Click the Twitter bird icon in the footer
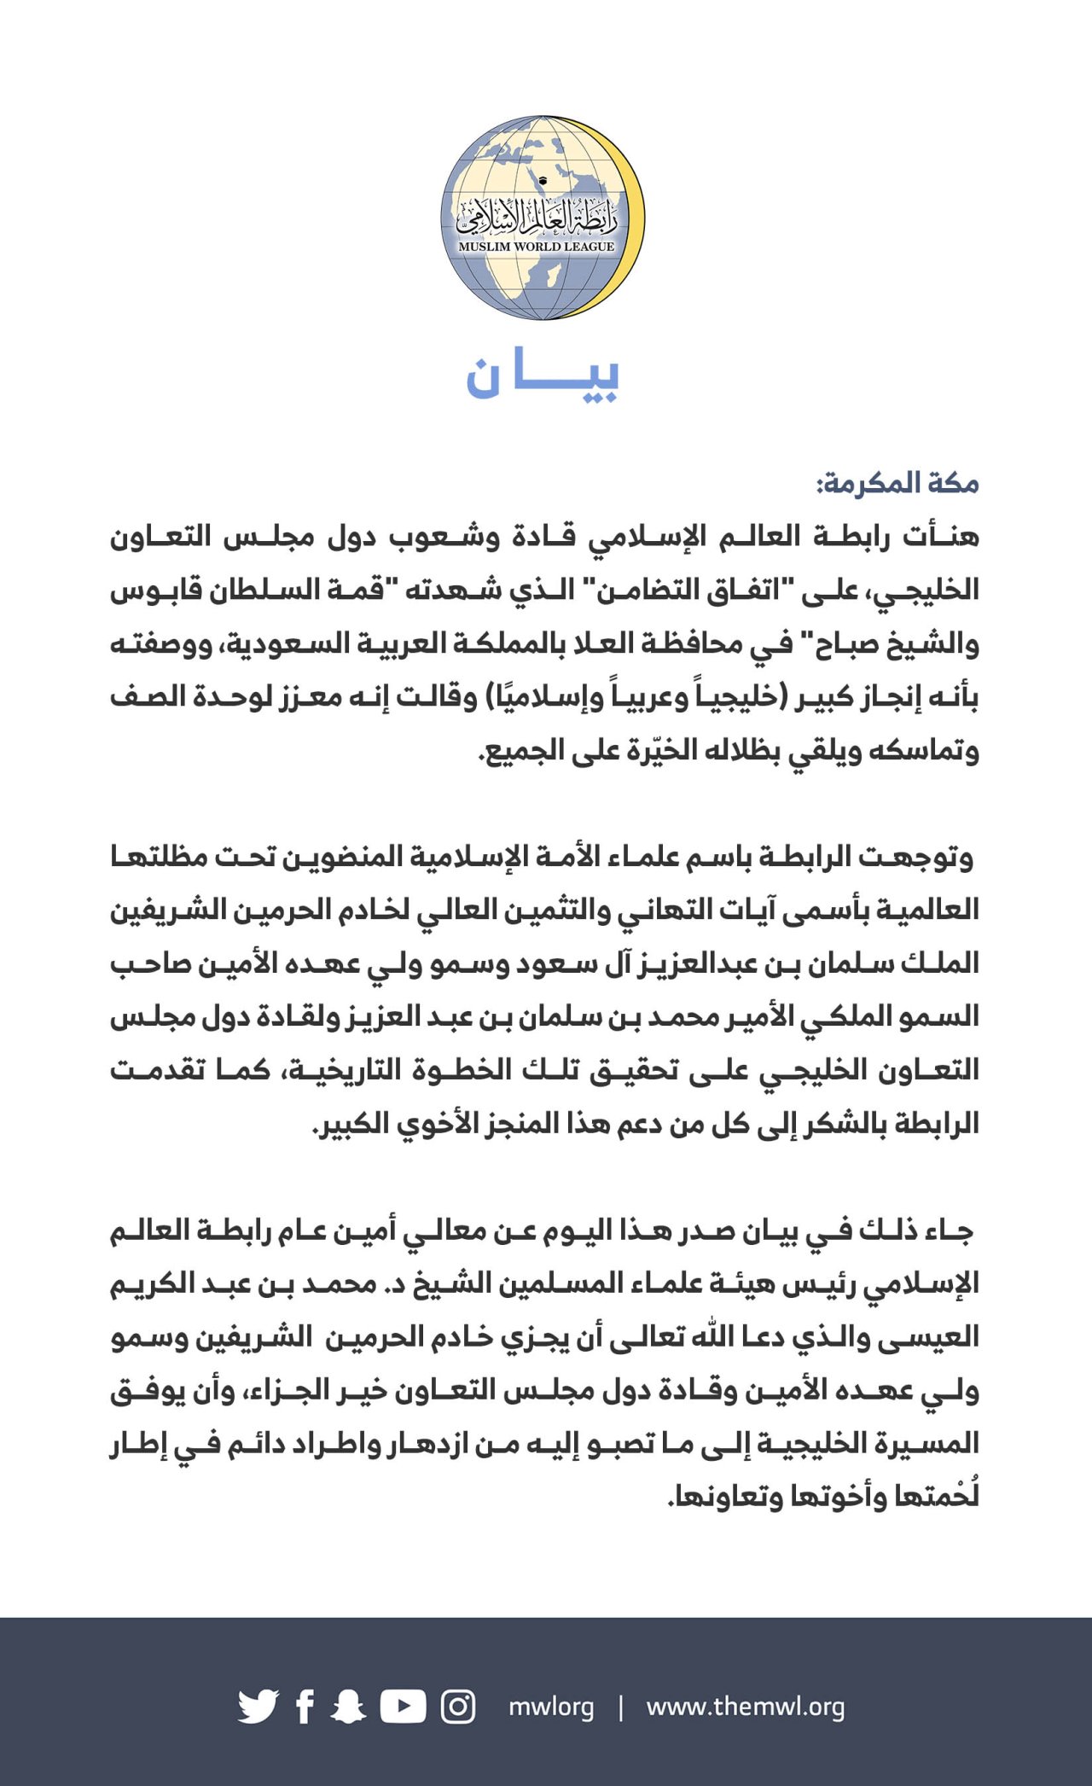click(258, 1707)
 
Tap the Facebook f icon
click(305, 1707)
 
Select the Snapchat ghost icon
click(348, 1707)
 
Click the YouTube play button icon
click(403, 1707)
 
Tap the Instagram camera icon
click(458, 1707)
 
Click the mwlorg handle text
click(551, 1707)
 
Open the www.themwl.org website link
click(746, 1707)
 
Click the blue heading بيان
click(543, 375)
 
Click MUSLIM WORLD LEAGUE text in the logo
click(537, 247)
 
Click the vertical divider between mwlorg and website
click(620, 1707)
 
